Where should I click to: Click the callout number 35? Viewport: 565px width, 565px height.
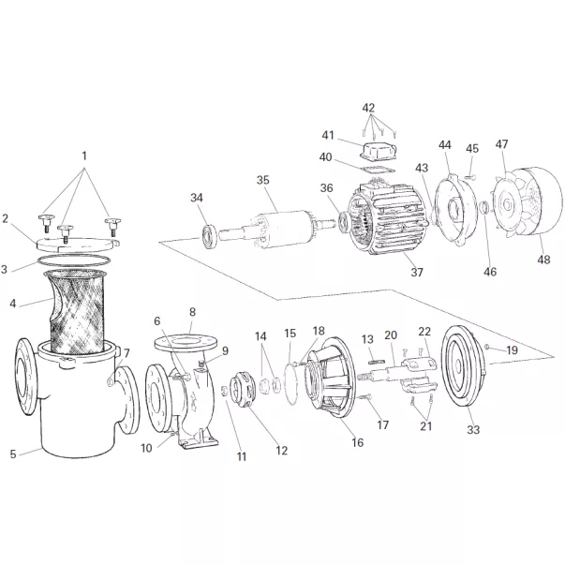click(262, 179)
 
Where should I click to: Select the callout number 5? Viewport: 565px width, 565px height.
click(13, 454)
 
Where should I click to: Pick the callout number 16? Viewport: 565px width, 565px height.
click(357, 441)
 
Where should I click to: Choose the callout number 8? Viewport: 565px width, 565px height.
click(192, 312)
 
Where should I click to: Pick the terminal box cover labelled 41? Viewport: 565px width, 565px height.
click(375, 152)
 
